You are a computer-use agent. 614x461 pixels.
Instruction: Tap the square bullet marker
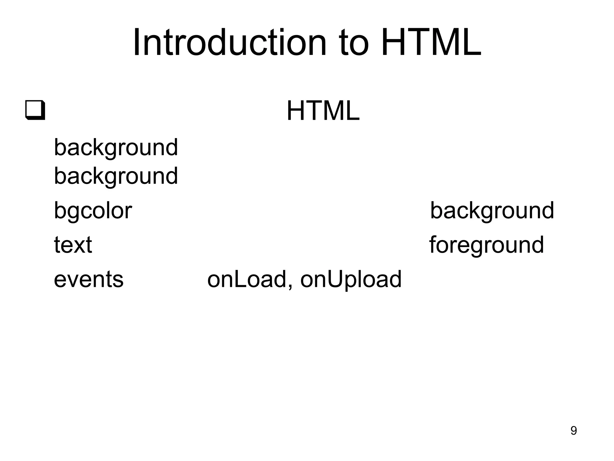tap(35, 110)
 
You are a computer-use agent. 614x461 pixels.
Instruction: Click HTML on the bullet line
tap(323, 111)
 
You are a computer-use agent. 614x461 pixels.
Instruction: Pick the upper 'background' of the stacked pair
tap(116, 148)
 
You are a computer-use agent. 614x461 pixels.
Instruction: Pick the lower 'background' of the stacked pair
tap(116, 176)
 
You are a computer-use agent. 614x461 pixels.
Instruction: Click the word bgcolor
tap(93, 211)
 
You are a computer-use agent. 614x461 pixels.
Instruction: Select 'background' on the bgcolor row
tap(492, 211)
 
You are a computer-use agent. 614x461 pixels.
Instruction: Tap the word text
tap(73, 245)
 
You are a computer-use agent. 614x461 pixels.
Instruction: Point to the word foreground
tap(486, 245)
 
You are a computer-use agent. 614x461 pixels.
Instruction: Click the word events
tap(88, 279)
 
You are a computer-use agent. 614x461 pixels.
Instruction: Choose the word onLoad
tap(247, 279)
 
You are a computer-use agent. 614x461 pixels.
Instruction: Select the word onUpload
tap(351, 279)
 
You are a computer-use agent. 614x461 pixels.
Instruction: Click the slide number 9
tap(573, 431)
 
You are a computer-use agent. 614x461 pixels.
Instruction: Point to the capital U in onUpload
tap(335, 279)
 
